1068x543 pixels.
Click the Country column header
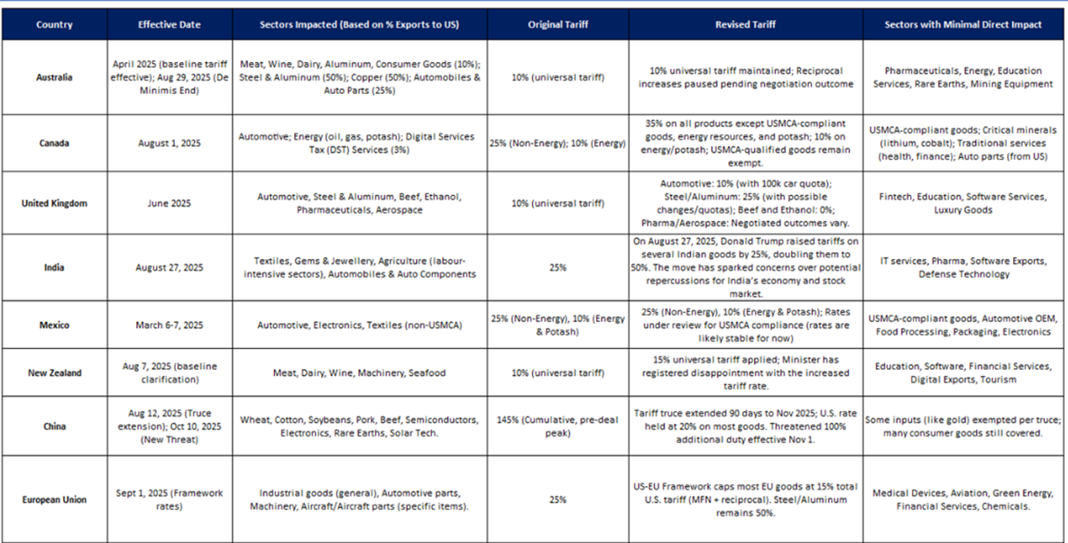coord(54,24)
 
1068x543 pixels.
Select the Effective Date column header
coord(169,24)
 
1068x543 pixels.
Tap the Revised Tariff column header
coord(745,24)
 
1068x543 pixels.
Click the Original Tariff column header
coord(557,24)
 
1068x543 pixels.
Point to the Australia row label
coord(54,77)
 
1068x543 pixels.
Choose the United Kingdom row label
coord(54,203)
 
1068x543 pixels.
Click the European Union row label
coord(54,499)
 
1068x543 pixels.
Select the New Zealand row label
coord(54,373)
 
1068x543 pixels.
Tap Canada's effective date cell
coord(169,143)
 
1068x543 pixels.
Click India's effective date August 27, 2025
coord(169,267)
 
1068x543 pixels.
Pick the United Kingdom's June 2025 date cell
coord(169,203)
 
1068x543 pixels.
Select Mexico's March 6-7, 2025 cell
coord(169,325)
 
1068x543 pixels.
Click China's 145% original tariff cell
coord(557,427)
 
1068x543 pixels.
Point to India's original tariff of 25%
coord(557,267)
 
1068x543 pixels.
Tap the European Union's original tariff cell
coord(557,499)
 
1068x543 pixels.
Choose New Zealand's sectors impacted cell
coord(359,373)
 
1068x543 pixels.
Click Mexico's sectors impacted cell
coord(359,325)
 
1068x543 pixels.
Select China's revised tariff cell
coord(745,427)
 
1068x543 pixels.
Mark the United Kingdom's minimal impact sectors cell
coord(963,203)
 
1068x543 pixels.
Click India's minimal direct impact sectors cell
coord(963,267)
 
